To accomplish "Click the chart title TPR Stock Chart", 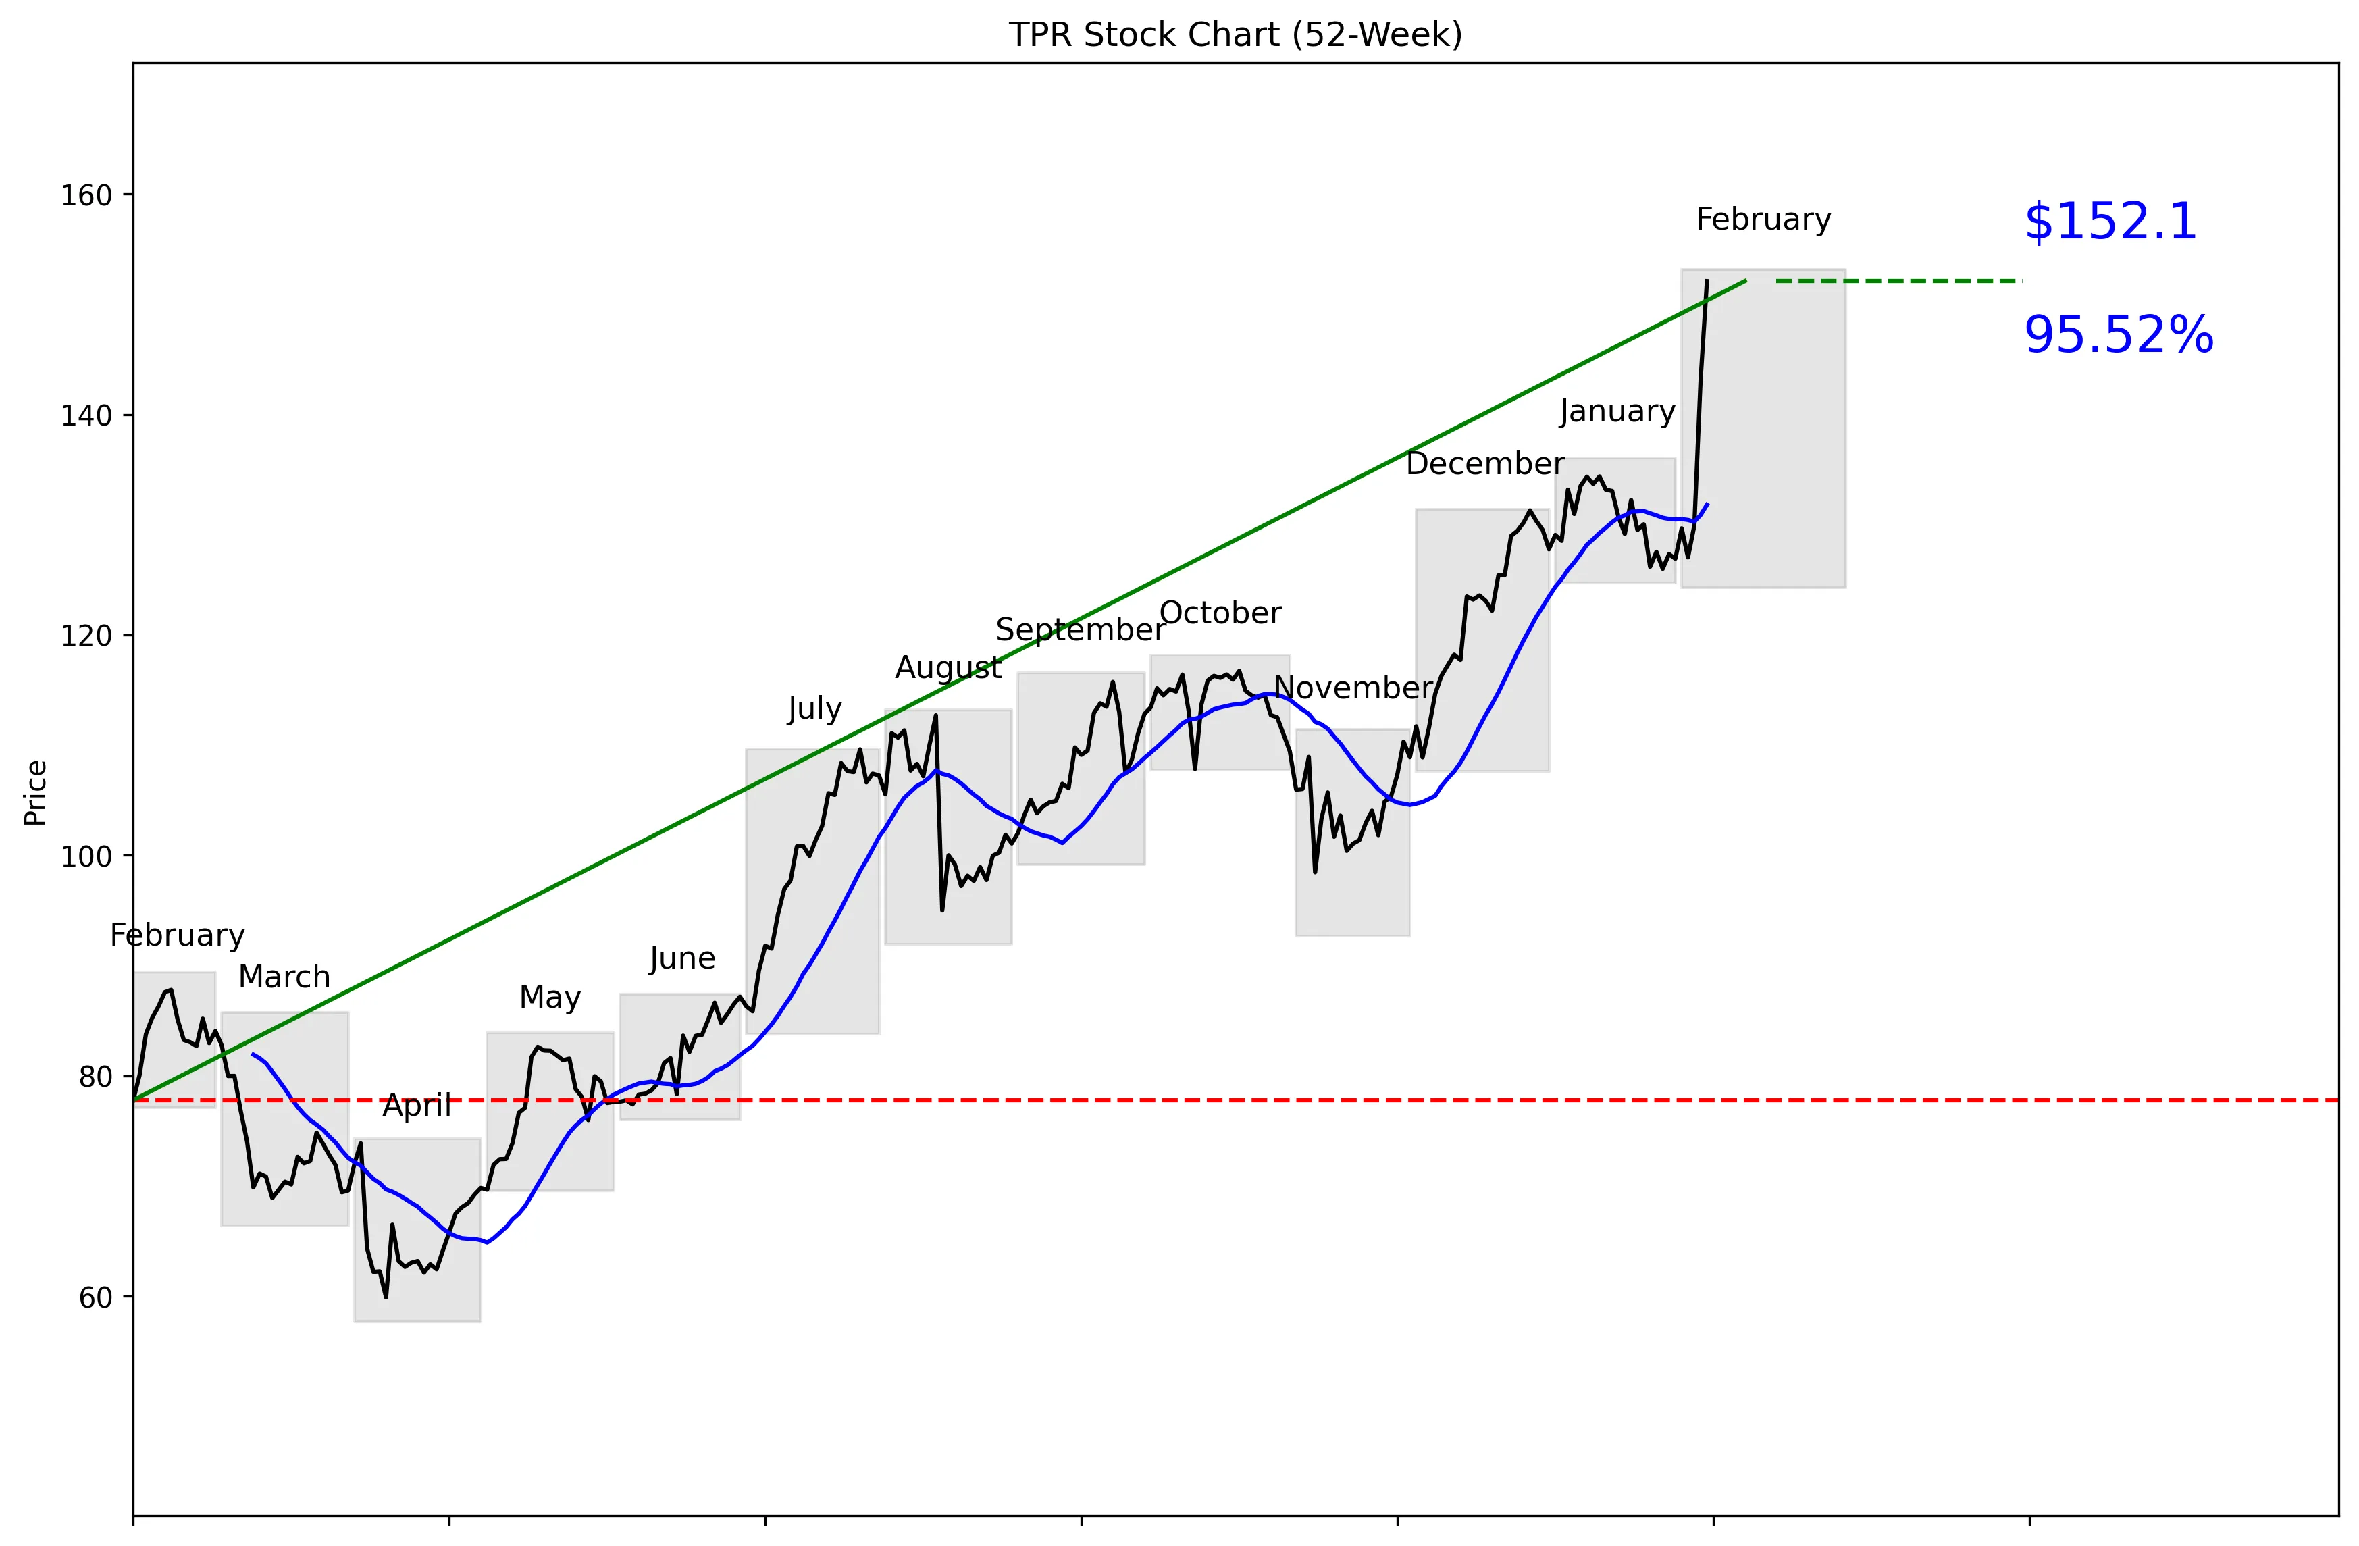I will tap(1235, 34).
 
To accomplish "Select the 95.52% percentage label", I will tap(2118, 335).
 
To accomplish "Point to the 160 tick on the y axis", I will tap(86, 195).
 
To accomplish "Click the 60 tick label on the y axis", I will tap(95, 1297).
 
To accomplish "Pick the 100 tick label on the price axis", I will tap(86, 856).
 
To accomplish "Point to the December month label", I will tap(1485, 464).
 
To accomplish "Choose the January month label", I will tap(1617, 411).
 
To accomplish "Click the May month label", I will tap(550, 997).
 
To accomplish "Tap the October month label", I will tap(1220, 613).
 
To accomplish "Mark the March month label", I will tap(284, 977).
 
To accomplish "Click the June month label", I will tap(682, 958).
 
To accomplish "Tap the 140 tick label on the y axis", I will tap(86, 415).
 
